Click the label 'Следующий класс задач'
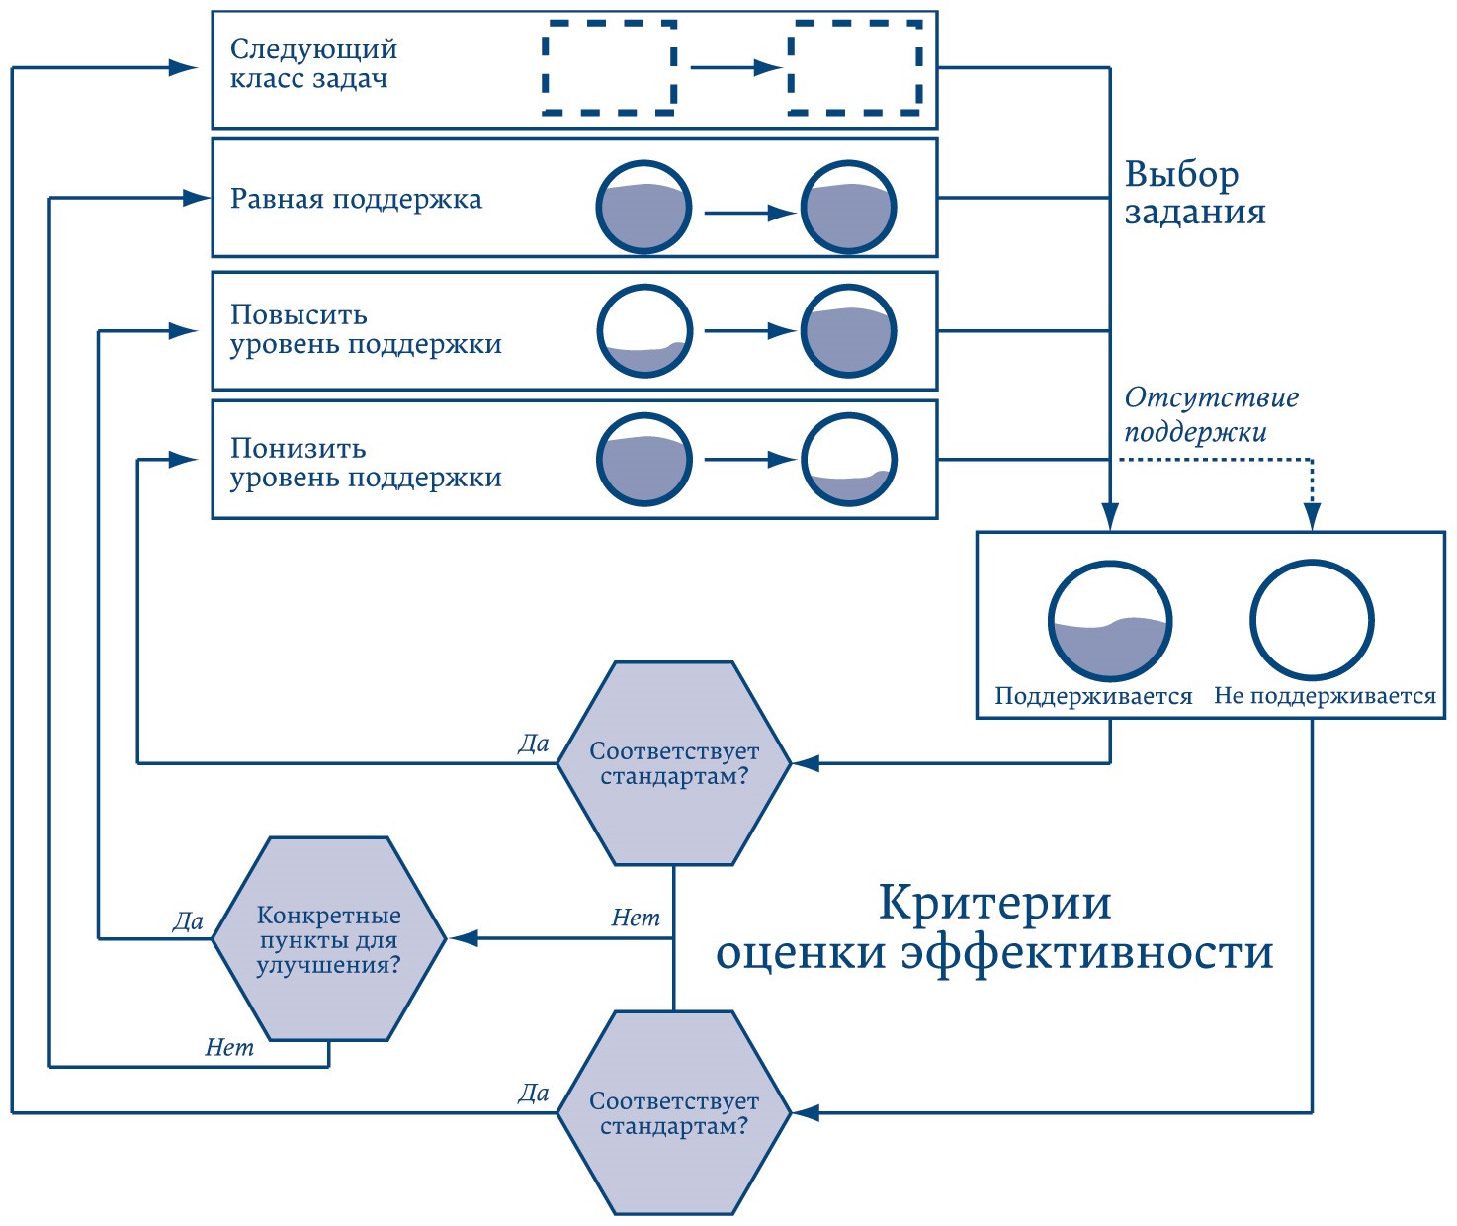point(313,64)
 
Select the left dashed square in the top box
point(610,67)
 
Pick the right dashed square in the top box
point(855,67)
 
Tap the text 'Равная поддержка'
point(356,199)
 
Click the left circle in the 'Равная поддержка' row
point(643,208)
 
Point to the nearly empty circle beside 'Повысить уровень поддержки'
point(643,331)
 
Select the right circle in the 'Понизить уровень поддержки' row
point(848,460)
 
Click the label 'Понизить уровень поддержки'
point(366,463)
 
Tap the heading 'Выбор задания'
point(1194,194)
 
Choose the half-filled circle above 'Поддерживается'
point(1110,621)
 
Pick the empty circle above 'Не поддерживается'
point(1312,621)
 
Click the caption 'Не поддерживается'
point(1325,696)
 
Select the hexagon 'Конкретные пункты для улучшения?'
point(329,939)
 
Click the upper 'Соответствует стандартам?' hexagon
point(674,763)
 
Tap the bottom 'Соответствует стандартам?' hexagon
point(674,1113)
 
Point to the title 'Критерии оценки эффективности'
point(994,927)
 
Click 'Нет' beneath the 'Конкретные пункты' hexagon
point(229,1048)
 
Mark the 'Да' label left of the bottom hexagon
point(534,1093)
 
